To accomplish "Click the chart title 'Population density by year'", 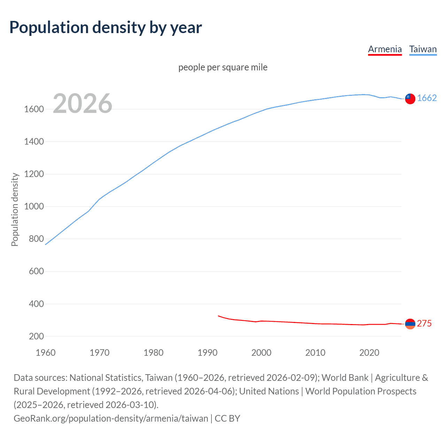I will point(106,28).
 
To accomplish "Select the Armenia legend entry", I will point(385,49).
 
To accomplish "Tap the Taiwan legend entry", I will point(423,49).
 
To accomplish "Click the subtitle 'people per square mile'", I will point(223,67).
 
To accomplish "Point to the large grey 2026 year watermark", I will point(83,103).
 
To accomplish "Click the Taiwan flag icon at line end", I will point(410,99).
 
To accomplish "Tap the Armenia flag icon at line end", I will point(410,324).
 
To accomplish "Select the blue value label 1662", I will point(427,98).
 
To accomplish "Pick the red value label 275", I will point(424,324).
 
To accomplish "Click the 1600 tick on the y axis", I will point(34,109).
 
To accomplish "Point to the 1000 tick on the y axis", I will point(34,207).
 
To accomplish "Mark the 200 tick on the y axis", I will point(36,337).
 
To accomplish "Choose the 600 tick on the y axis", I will point(36,271).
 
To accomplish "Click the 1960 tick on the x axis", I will point(46,353).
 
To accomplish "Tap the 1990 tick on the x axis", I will point(207,353).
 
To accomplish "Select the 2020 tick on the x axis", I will point(369,353).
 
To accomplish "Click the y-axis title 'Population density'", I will point(15,209).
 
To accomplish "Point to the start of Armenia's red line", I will point(218,316).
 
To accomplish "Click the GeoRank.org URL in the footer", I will point(111,418).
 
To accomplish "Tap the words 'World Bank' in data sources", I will point(345,378).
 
